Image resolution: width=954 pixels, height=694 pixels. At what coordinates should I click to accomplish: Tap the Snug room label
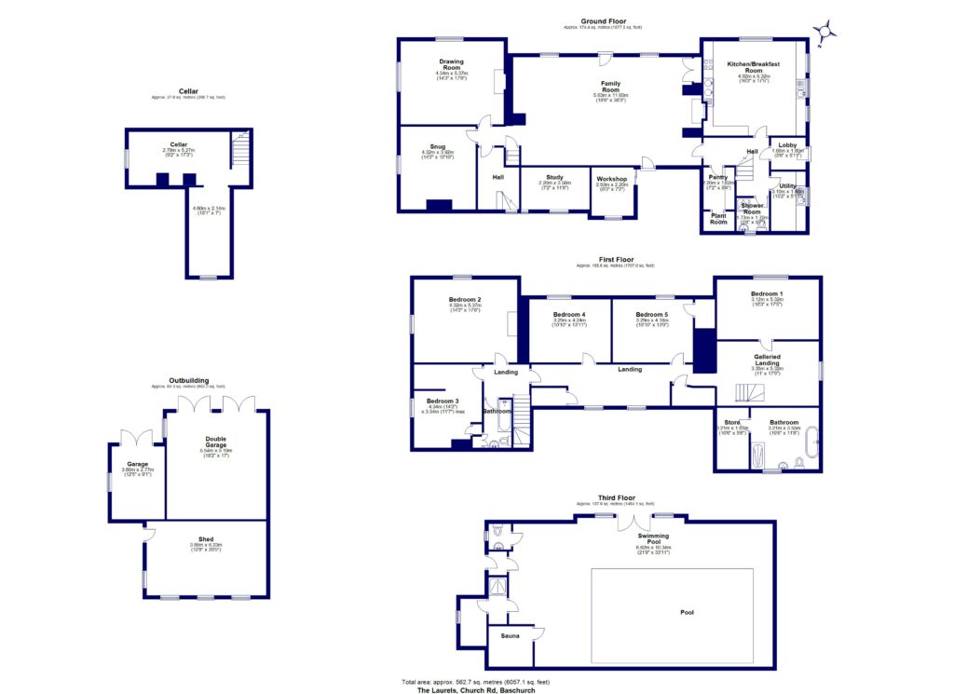436,145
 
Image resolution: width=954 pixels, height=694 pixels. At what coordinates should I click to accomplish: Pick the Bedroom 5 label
652,315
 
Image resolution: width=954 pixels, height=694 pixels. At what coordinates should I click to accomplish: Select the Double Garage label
215,441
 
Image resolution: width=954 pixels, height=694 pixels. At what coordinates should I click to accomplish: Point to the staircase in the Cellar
239,148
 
